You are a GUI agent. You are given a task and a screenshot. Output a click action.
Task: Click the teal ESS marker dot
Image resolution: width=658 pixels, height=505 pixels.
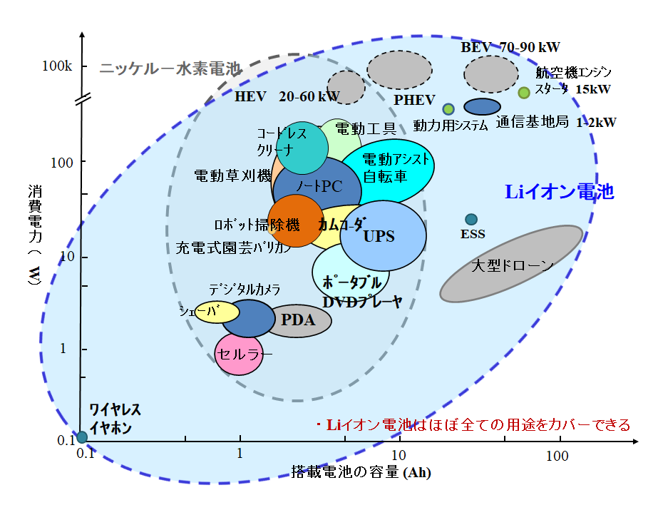471,220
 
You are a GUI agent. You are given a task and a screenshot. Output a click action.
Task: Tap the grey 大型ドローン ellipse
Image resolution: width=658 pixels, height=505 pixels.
510,265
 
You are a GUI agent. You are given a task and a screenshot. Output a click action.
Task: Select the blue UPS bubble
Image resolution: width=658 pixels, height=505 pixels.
383,235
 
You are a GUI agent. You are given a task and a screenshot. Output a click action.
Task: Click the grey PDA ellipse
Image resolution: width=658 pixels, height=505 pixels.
298,320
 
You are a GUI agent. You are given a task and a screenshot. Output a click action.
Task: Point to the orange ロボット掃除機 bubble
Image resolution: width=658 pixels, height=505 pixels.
295,222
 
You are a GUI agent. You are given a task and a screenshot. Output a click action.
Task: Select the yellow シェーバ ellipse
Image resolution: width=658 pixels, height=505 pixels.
216,312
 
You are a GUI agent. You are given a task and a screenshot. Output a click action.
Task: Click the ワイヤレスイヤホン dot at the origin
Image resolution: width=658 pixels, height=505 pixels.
82,437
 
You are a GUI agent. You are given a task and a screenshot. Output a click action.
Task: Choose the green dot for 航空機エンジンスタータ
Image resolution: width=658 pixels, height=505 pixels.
524,92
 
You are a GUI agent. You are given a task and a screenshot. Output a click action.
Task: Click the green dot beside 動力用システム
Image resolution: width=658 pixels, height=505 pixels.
448,109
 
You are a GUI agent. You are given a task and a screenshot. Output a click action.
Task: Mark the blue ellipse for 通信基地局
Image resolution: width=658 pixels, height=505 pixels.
482,106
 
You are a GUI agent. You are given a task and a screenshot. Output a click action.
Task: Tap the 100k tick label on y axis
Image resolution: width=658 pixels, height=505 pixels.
57,66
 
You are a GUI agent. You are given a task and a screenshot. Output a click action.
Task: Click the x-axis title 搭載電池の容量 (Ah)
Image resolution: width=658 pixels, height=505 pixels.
361,472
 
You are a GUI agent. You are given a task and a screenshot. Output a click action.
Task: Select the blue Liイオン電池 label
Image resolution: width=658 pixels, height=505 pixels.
560,192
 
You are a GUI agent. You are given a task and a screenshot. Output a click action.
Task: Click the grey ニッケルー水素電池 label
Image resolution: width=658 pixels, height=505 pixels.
170,69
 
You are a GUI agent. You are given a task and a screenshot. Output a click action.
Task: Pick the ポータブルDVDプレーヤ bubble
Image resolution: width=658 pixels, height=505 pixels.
351,275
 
